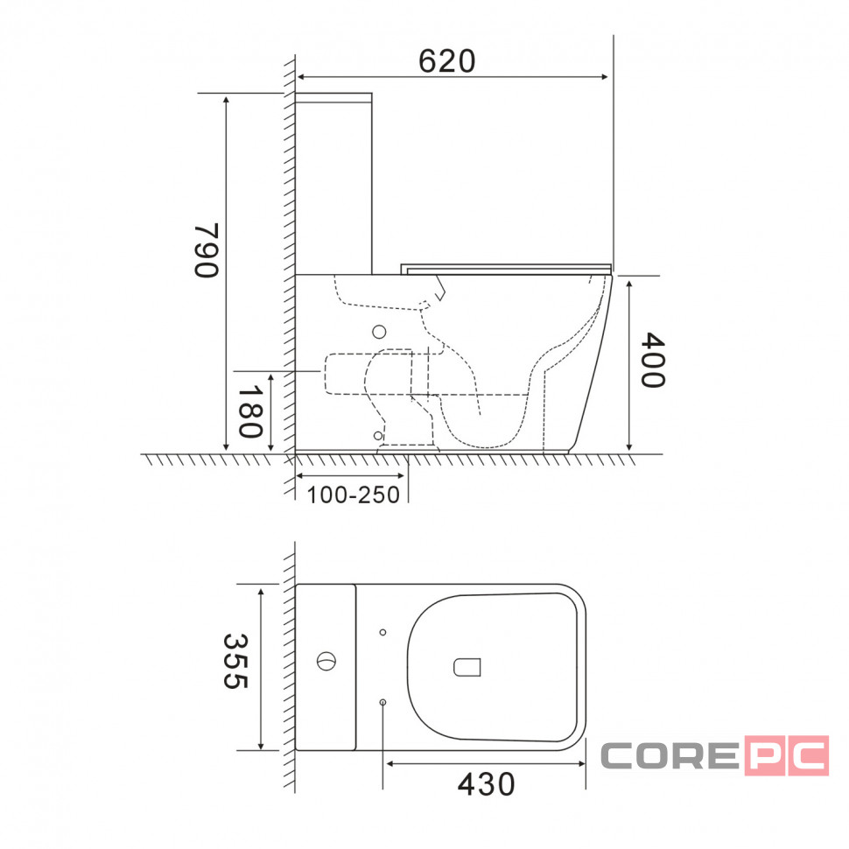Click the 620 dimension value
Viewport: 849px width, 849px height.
[446, 60]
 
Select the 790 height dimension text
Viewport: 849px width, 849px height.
[207, 250]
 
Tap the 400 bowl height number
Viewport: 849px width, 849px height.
[652, 360]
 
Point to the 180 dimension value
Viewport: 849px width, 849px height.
[250, 411]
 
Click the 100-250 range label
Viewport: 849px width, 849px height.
[353, 495]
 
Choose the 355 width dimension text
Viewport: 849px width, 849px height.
[235, 661]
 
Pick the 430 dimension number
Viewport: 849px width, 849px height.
[487, 784]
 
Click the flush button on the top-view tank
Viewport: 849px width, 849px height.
[326, 661]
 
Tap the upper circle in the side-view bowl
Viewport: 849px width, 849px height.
[379, 332]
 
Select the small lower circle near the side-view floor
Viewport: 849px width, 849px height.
[378, 436]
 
